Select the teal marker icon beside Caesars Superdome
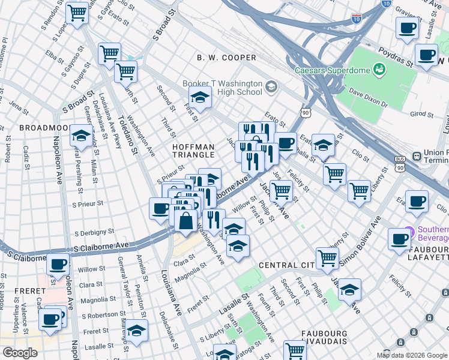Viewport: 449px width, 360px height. tap(379, 70)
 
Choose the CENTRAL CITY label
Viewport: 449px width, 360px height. tap(287, 265)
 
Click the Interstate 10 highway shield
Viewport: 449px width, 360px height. tap(357, 19)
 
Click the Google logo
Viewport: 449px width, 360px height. tap(19, 352)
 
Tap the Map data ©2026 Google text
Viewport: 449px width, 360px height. tap(411, 355)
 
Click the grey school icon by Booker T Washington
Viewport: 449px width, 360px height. tap(271, 88)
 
